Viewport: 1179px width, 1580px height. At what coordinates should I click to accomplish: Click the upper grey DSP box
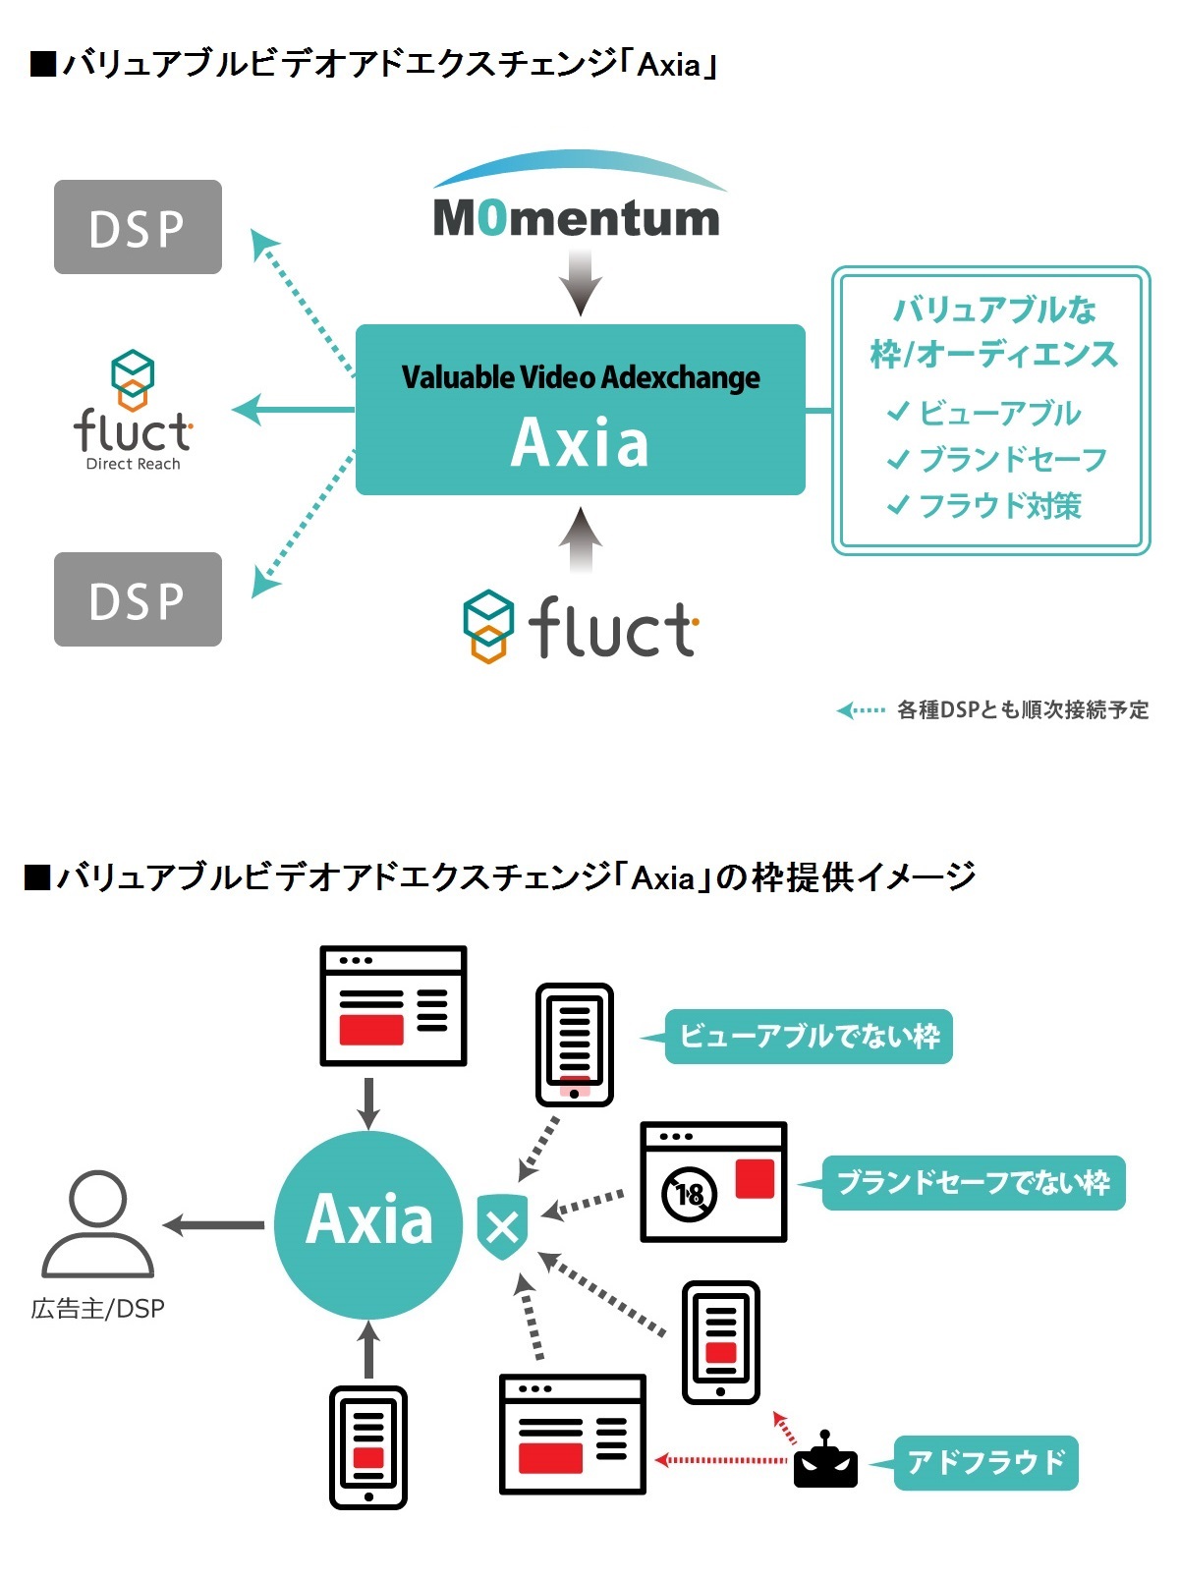pos(138,227)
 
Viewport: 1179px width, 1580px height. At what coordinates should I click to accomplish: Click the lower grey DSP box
pos(138,599)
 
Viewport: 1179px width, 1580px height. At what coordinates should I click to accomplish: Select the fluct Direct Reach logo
pos(133,413)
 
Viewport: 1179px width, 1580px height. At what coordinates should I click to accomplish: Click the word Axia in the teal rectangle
pos(580,442)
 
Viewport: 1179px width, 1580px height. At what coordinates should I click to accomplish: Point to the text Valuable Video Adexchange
pos(580,377)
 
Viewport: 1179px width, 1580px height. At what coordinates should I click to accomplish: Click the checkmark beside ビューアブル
pos(898,412)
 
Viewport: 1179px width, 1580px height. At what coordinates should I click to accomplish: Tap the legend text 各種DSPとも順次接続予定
pos(1022,709)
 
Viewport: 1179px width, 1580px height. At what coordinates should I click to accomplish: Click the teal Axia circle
pos(368,1223)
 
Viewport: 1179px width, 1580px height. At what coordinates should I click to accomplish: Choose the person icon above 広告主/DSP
pos(97,1223)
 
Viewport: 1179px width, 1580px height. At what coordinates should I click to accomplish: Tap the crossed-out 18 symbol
pos(690,1194)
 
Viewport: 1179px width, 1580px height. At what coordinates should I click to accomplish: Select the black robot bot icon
pos(825,1462)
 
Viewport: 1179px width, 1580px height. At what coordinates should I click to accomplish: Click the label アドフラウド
pos(985,1462)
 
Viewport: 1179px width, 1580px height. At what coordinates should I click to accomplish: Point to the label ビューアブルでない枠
pos(809,1037)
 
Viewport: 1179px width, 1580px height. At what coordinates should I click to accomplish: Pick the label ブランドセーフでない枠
pos(973,1182)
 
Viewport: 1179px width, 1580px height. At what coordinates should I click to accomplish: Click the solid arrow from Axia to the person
pos(214,1225)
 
